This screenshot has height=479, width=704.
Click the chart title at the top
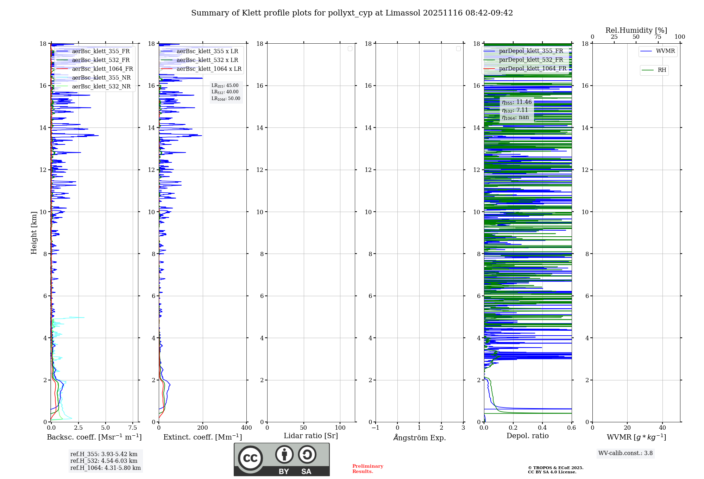352,13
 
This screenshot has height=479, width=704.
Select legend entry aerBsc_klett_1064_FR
102,69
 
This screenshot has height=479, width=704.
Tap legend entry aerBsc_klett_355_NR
101,78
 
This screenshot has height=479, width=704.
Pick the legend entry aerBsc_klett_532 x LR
207,60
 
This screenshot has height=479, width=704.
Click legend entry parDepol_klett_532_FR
531,60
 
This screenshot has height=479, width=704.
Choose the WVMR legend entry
665,51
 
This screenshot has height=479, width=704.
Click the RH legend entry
661,70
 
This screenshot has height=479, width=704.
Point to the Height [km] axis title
34,233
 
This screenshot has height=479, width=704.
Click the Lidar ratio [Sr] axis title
311,436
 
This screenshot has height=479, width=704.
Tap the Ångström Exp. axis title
419,438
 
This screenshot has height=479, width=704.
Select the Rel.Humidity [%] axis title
636,30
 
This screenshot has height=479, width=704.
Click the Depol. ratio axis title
527,436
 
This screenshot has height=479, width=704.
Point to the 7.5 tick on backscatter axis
132,428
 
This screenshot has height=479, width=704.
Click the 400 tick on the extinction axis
246,428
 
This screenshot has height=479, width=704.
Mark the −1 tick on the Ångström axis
375,428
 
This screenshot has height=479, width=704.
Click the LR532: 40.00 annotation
225,92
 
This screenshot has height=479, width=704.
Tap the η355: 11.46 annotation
517,102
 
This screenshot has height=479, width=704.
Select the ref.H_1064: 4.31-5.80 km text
105,468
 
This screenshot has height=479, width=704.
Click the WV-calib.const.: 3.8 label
625,453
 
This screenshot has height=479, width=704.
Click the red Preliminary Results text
367,469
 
